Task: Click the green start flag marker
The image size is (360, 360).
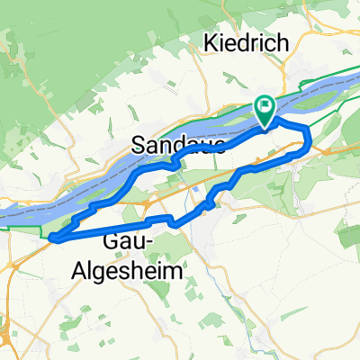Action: [265, 110]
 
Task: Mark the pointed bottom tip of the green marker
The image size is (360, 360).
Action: [265, 125]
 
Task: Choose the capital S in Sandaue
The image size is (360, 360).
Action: [138, 144]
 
